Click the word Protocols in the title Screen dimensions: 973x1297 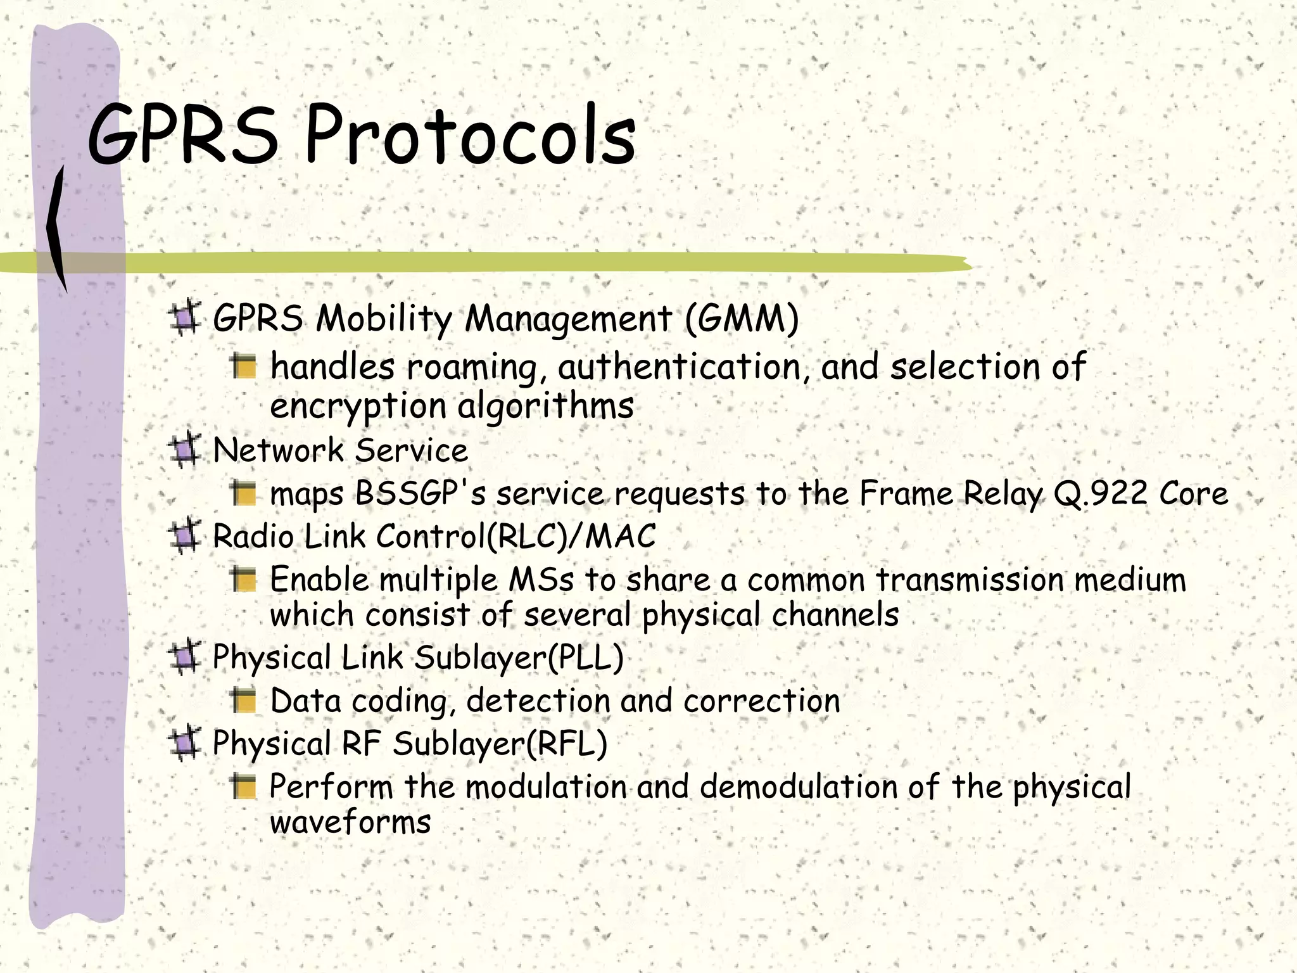pos(470,136)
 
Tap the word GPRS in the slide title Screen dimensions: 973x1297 pos(182,136)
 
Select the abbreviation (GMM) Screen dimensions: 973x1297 pos(742,318)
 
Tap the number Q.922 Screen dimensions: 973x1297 pos(1101,493)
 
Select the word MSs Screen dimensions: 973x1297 pos(541,580)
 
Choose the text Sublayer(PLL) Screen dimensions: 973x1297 pos(519,658)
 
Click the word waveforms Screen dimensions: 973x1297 pos(350,822)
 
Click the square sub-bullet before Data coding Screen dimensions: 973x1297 pos(243,700)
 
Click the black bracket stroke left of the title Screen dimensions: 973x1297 pos(57,228)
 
